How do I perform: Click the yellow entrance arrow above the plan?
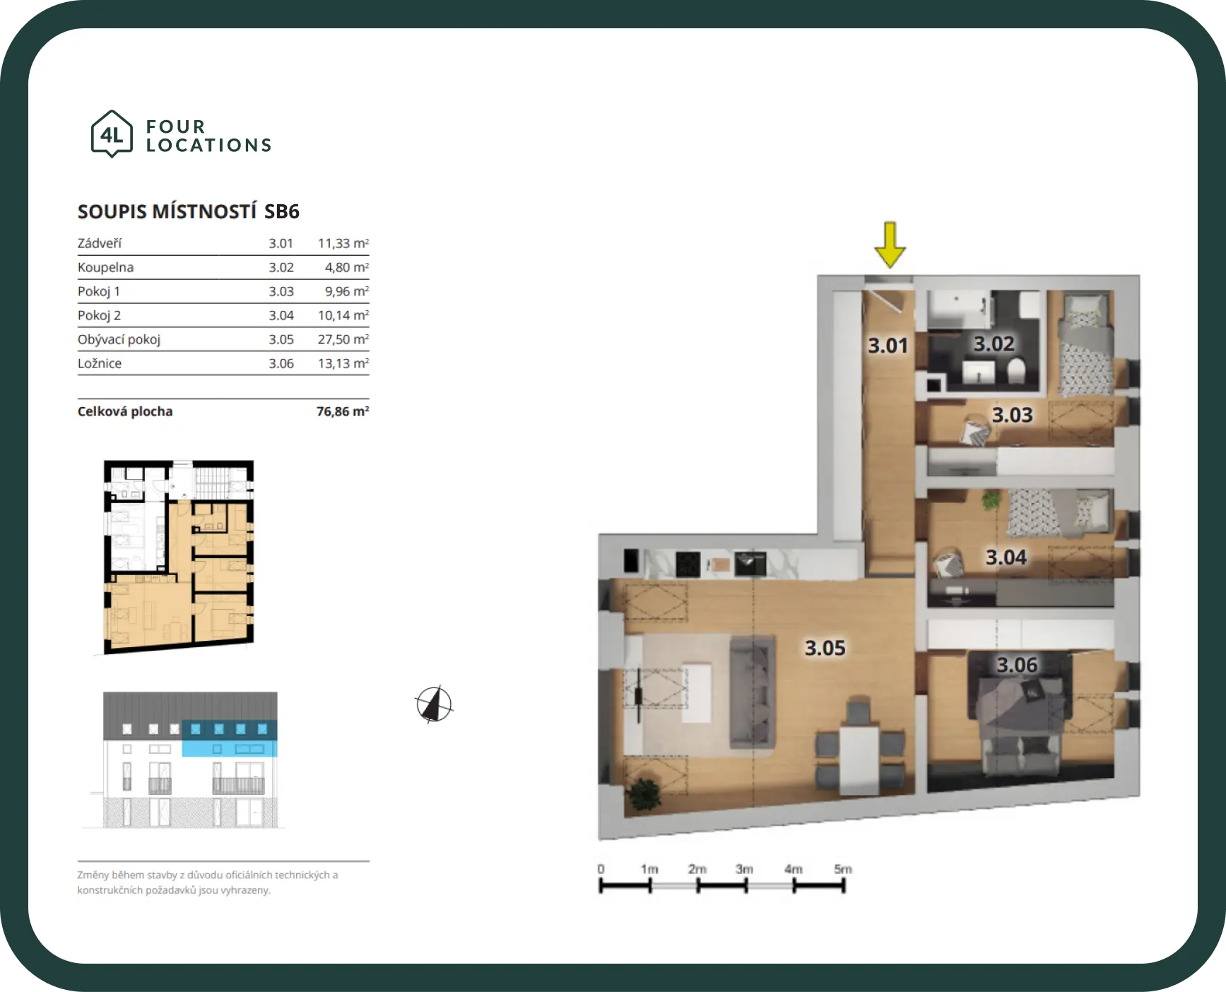coord(890,245)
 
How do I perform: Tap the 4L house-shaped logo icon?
coord(112,134)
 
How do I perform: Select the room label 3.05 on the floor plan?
coord(825,648)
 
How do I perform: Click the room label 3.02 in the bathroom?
coord(994,343)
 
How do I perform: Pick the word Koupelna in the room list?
coord(105,267)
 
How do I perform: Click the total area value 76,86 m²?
coord(343,411)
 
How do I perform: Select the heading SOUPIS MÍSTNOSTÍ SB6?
coord(189,211)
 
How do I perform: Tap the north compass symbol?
coord(434,704)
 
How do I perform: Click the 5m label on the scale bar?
coord(843,869)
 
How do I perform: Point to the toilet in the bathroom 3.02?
coord(1015,370)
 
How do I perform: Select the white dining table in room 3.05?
coord(859,760)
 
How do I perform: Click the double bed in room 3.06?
coord(1022,714)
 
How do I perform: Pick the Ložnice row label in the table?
coord(100,363)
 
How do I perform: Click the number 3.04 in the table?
coord(281,315)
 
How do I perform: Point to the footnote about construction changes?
coord(208,882)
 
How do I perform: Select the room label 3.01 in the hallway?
coord(888,346)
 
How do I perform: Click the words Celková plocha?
coord(125,411)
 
